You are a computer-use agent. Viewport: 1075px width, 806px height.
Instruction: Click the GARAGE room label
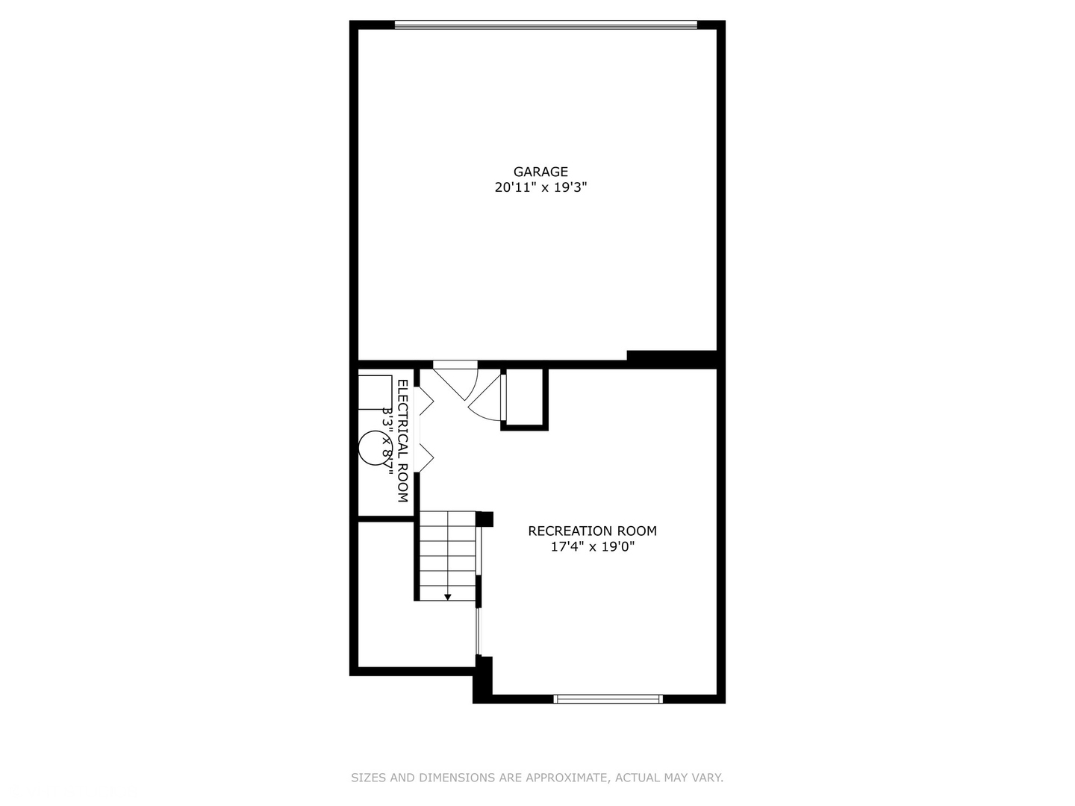coord(540,172)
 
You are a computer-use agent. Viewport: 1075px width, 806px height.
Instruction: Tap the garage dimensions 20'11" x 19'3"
coord(540,188)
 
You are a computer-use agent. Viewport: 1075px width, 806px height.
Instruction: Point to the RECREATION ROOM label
coord(592,531)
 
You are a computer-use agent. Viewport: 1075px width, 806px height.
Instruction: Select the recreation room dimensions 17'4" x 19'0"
coord(592,547)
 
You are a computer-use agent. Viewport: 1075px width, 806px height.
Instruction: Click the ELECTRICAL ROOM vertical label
coord(402,440)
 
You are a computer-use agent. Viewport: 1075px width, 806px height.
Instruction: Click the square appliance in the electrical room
coord(374,393)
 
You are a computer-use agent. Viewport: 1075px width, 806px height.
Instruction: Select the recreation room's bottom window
coord(608,699)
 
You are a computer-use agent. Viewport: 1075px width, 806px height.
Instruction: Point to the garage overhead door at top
coord(546,25)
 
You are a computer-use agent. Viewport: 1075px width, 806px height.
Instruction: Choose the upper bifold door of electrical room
coord(424,400)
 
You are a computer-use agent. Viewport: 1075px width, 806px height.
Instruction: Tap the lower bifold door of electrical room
coord(424,457)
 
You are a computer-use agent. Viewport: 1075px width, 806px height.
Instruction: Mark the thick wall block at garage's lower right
coord(671,359)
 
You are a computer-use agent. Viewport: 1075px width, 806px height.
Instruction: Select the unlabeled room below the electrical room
coord(415,631)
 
